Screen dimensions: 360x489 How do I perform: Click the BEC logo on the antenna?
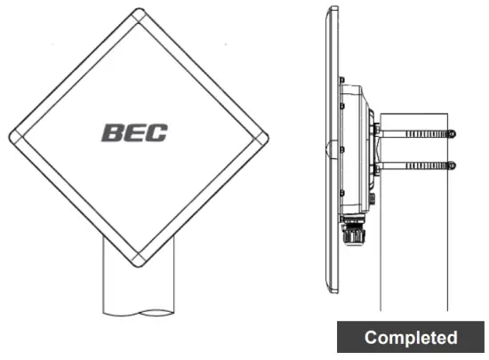pos(134,133)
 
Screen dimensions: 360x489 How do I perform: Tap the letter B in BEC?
pos(113,133)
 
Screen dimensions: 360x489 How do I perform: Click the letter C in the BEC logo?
pos(156,133)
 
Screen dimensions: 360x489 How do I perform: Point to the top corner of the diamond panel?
pos(139,14)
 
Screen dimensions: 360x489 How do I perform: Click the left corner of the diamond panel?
pos(13,139)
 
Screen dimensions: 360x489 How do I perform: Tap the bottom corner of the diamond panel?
pos(139,263)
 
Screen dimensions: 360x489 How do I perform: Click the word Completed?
pos(411,338)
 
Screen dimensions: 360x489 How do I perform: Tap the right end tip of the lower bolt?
pos(454,164)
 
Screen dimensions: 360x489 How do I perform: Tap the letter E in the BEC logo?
pos(134,133)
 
